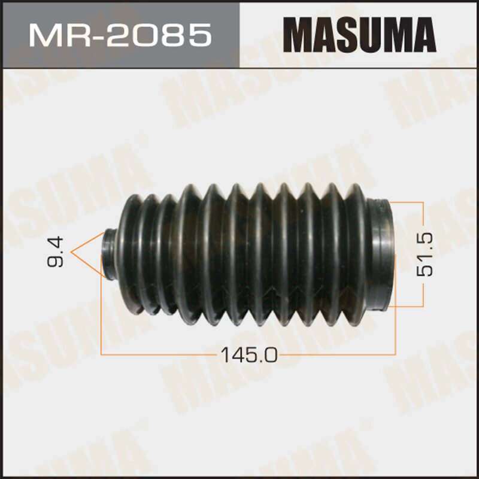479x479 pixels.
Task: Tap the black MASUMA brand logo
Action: pos(360,35)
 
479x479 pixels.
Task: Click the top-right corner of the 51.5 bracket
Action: pos(424,202)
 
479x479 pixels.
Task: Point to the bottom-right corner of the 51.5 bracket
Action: pos(424,306)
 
